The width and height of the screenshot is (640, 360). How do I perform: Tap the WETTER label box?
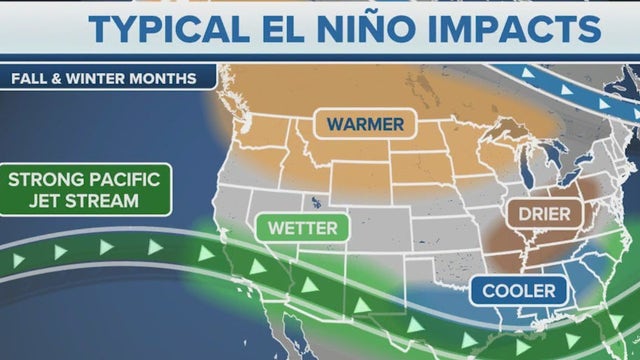(x=302, y=228)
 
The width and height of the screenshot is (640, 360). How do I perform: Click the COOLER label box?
(x=519, y=291)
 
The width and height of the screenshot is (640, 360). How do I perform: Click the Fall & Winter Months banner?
(x=104, y=78)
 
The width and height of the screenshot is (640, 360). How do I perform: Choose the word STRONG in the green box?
(x=45, y=180)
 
